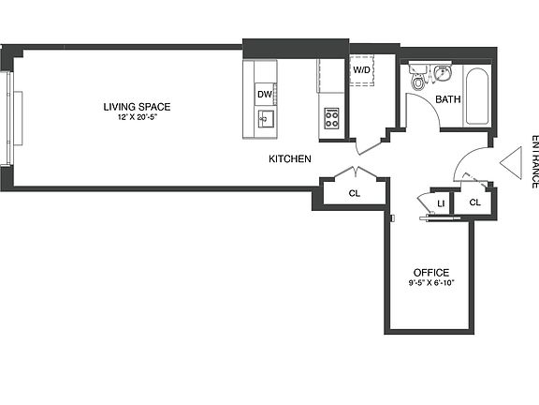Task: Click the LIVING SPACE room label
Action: [137, 106]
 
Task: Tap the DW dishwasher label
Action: [264, 95]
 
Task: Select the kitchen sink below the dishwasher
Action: [265, 118]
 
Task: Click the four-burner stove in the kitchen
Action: [331, 117]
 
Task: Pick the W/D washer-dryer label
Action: [362, 69]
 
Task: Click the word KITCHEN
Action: [289, 159]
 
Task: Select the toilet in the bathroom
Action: [416, 82]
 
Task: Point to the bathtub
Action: [476, 96]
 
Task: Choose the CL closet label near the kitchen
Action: [355, 194]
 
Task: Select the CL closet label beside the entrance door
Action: [474, 202]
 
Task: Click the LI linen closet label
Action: [440, 202]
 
